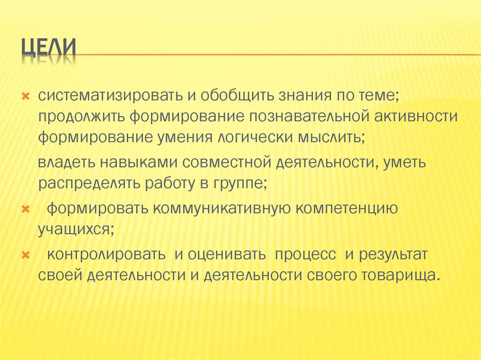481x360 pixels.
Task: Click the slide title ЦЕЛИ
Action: coord(49,49)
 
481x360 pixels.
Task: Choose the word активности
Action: coord(415,116)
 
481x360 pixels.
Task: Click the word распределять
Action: coord(85,184)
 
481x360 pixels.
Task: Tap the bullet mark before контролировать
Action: coord(26,254)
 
